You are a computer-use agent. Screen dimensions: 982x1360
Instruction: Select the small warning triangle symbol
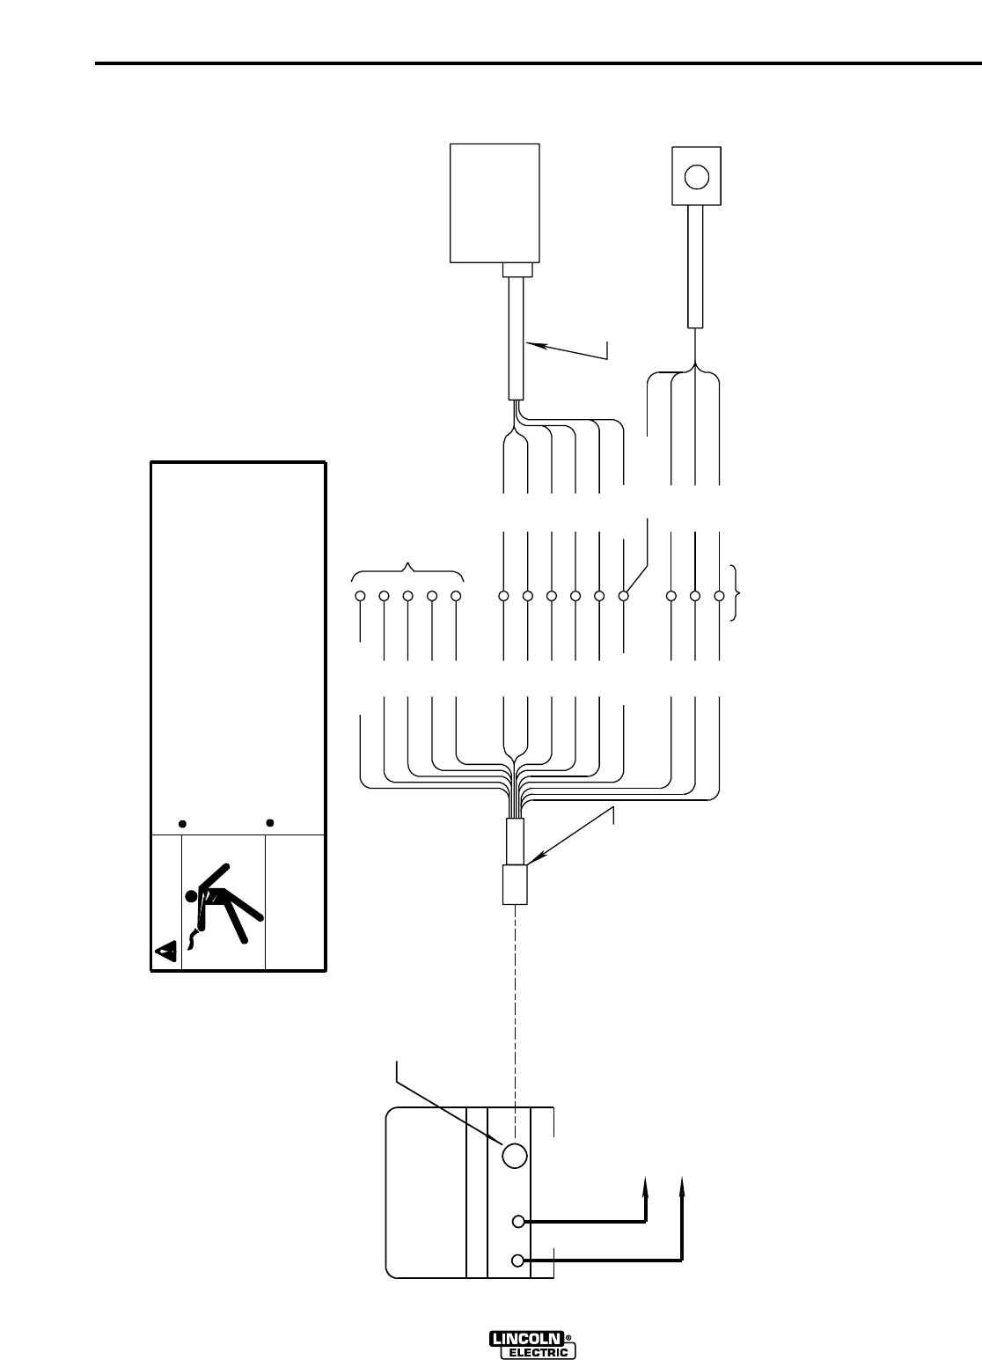pos(166,951)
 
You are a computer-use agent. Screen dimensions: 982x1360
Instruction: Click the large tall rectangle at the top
pos(495,202)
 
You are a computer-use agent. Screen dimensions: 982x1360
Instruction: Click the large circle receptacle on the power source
pos(514,1155)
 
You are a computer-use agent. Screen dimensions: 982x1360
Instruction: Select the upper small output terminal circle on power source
pos(519,1221)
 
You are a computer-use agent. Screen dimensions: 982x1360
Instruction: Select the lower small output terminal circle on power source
pos(519,1261)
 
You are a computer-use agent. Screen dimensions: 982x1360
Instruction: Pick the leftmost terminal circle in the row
pos(361,596)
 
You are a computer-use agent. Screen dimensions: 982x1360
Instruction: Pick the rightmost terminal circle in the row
pos(719,596)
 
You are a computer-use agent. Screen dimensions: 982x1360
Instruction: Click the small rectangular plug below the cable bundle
pos(513,885)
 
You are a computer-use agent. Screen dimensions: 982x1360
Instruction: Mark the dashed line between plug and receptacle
pos(514,1012)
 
